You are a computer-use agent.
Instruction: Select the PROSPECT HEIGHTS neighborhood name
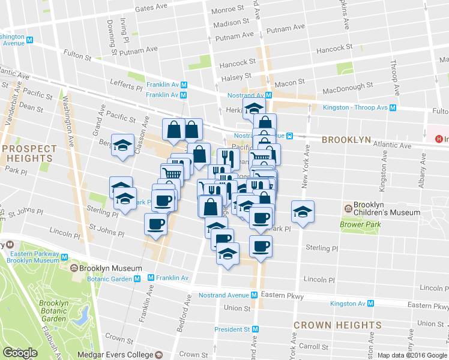[x=29, y=153]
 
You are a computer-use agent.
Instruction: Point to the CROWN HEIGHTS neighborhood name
[x=337, y=325]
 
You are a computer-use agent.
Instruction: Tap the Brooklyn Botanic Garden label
[x=54, y=311]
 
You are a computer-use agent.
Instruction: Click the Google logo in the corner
[x=20, y=353]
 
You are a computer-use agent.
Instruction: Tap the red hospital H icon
[x=439, y=139]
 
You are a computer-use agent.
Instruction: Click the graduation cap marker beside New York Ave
[x=303, y=212]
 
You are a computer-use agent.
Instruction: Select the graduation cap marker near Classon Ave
[x=123, y=146]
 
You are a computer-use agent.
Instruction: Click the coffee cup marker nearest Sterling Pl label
[x=261, y=247]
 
